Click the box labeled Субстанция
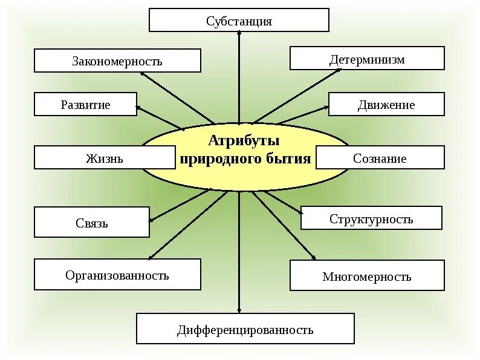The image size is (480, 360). coord(239,20)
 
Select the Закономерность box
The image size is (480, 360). coord(117,61)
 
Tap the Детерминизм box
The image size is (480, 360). coord(367,59)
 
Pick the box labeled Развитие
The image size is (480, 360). coord(85,104)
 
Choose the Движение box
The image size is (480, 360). coord(386,104)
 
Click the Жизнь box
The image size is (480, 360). coord(105,158)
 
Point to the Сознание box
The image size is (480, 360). coord(380,158)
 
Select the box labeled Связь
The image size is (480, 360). coord(92,222)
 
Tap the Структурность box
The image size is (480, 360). coord(371,218)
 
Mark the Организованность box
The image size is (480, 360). coord(117,275)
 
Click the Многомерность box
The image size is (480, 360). coord(367,276)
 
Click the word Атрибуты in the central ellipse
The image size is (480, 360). coord(244,141)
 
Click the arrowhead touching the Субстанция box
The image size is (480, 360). coord(239,36)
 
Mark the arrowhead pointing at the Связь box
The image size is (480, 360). coord(153,219)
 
